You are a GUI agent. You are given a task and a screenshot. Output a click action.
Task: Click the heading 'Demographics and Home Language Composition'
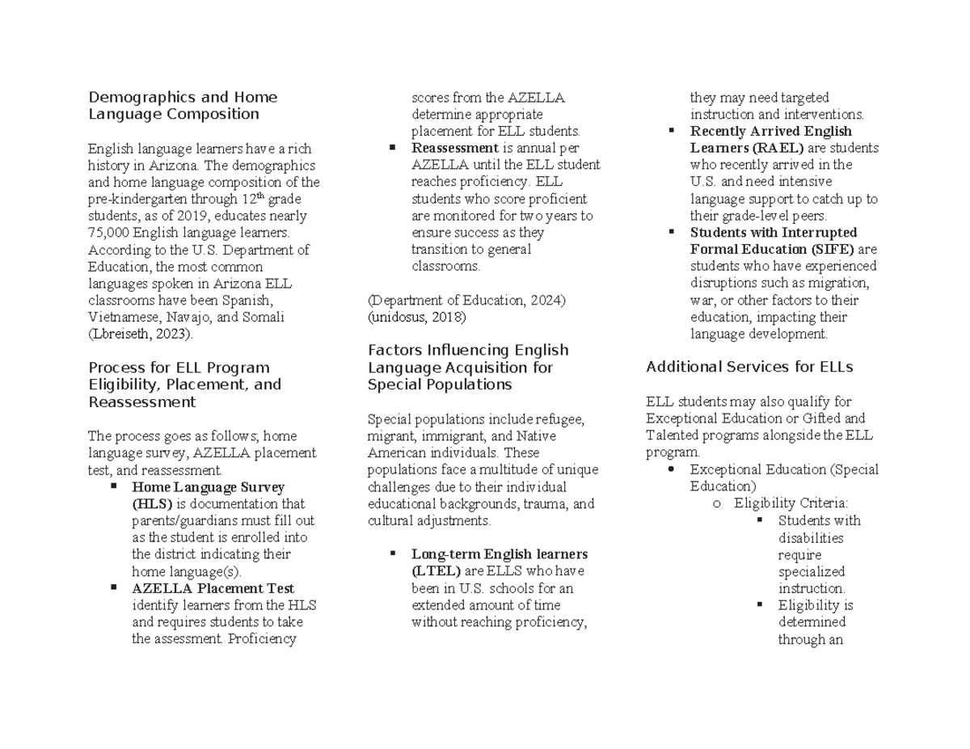click(183, 105)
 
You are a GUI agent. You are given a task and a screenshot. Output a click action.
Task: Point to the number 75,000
click(109, 233)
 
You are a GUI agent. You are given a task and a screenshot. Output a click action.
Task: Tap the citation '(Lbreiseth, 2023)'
click(141, 335)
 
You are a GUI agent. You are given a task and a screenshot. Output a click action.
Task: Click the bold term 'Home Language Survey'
click(208, 487)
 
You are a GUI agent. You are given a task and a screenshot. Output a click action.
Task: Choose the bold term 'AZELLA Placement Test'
click(213, 588)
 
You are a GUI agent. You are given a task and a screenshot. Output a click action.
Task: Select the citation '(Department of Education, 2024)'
click(466, 301)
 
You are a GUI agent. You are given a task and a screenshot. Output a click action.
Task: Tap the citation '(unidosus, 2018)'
click(417, 318)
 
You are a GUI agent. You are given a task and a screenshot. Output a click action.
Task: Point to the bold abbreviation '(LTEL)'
click(436, 571)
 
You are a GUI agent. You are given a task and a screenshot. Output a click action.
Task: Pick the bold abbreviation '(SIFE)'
click(835, 250)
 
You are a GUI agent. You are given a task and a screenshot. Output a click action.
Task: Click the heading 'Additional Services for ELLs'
click(749, 367)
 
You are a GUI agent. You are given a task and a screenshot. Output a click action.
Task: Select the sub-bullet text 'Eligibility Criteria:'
click(791, 503)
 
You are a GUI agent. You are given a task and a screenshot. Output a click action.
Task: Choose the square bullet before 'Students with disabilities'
click(760, 520)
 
